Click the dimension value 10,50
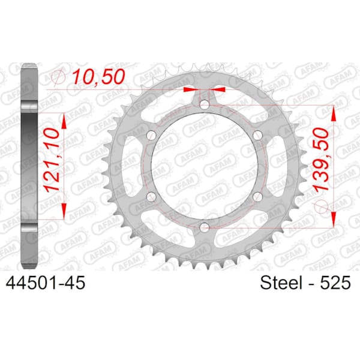click(x=99, y=76)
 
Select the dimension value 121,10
click(x=52, y=160)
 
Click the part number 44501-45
click(x=46, y=283)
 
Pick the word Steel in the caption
click(x=281, y=283)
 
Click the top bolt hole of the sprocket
click(x=205, y=105)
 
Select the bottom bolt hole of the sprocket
click(x=205, y=227)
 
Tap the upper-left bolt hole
click(x=151, y=136)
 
